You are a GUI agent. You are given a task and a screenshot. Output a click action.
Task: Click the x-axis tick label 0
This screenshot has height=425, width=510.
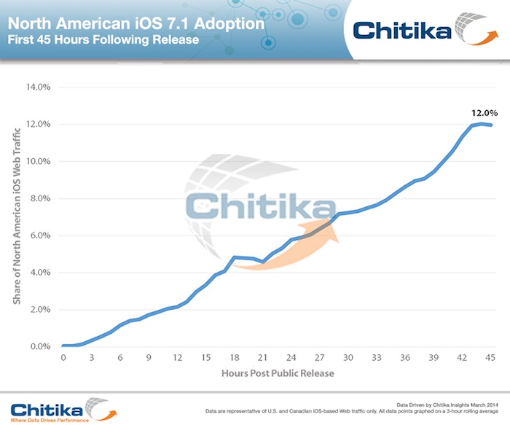(x=63, y=358)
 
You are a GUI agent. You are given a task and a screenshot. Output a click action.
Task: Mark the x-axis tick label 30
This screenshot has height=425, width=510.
(x=348, y=358)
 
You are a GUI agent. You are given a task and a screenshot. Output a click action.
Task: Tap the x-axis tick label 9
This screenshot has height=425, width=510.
(x=149, y=358)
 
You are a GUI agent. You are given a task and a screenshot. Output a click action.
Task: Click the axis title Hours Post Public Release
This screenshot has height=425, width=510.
(x=277, y=373)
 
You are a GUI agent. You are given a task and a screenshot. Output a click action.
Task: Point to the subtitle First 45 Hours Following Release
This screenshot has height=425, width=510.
(x=103, y=39)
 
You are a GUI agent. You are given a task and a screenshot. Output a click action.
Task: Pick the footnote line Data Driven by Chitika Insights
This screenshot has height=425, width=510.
(x=448, y=404)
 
